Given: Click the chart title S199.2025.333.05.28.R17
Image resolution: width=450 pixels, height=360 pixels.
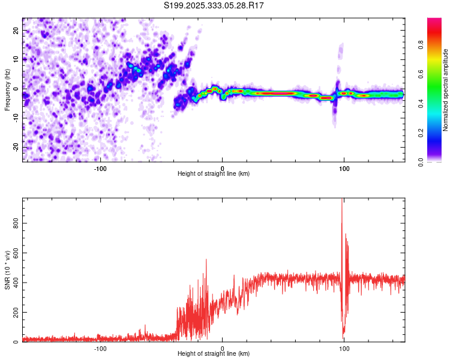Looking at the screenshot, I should pos(214,5).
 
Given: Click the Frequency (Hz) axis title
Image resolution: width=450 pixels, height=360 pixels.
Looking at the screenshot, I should pos(7,89).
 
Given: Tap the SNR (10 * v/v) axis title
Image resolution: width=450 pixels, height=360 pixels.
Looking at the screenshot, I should pos(7,270).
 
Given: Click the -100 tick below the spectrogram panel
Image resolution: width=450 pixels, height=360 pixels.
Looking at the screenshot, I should pos(100,168).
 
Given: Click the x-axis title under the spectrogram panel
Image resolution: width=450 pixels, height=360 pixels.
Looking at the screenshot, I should pos(214,174).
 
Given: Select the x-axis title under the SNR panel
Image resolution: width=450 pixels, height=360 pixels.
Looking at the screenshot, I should pos(214,354).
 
